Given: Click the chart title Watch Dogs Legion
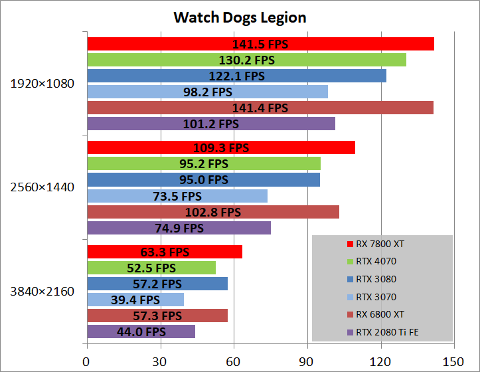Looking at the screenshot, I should pyautogui.click(x=240, y=17).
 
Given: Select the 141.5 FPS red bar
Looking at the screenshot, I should pyautogui.click(x=260, y=44).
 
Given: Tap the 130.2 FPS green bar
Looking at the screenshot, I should pyautogui.click(x=246, y=60).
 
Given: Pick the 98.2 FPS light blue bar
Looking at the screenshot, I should pyautogui.click(x=207, y=92).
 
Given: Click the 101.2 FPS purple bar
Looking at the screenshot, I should pyautogui.click(x=210, y=124).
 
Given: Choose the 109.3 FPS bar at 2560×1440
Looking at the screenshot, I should pyautogui.click(x=220, y=147).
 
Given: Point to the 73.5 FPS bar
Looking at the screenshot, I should pyautogui.click(x=177, y=196).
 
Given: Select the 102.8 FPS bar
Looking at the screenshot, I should pyautogui.click(x=212, y=212).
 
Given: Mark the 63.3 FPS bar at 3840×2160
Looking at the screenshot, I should pyautogui.click(x=164, y=252).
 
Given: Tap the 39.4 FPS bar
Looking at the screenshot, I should pyautogui.click(x=135, y=300).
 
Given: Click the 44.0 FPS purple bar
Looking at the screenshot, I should pyautogui.click(x=141, y=331).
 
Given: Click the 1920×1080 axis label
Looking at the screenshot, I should pyautogui.click(x=42, y=84).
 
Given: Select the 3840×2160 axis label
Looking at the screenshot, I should pyautogui.click(x=42, y=291).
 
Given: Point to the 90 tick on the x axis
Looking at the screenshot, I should pyautogui.click(x=307, y=362).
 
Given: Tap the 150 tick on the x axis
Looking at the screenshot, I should pyautogui.click(x=453, y=362).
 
